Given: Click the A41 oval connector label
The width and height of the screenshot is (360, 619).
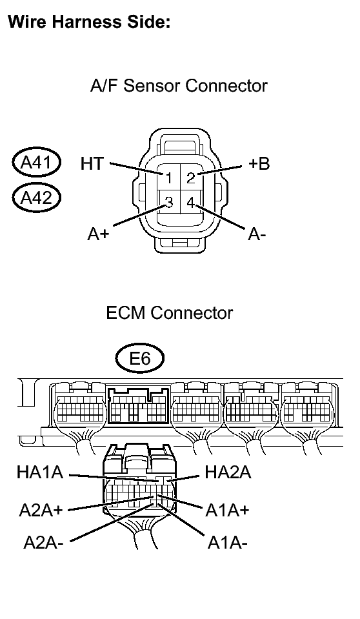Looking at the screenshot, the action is click(x=36, y=162).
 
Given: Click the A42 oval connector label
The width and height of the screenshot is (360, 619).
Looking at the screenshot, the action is click(x=36, y=197).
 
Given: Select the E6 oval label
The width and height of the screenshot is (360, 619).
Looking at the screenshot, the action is click(x=140, y=358).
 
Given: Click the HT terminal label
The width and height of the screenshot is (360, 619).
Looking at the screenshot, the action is click(x=92, y=163).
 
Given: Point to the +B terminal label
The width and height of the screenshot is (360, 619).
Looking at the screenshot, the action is click(x=259, y=163).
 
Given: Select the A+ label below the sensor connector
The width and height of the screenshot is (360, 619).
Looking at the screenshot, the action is click(x=98, y=234).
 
